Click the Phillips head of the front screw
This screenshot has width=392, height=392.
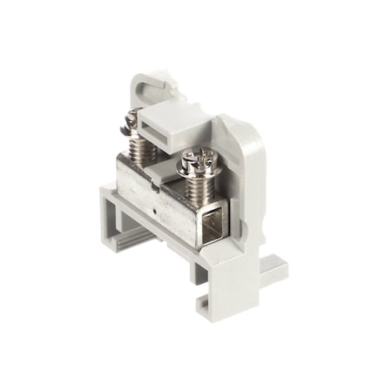[199, 160]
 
